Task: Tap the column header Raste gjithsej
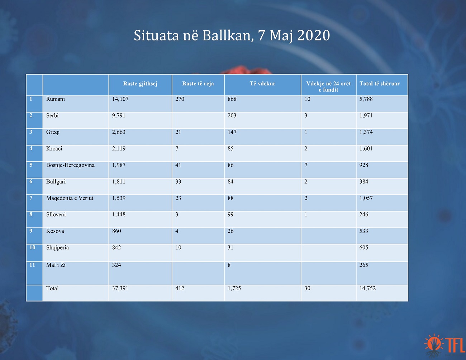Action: click(140, 84)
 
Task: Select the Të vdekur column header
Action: click(262, 84)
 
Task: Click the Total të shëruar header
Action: click(380, 84)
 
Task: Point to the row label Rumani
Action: click(55, 99)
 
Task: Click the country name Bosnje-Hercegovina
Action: click(70, 165)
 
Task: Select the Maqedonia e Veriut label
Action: click(70, 198)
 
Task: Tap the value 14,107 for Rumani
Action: click(120, 99)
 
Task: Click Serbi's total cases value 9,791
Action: click(119, 115)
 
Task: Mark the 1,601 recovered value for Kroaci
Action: click(366, 148)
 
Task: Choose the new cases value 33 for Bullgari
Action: click(178, 181)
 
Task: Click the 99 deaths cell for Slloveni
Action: click(230, 214)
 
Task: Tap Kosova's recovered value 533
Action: click(364, 231)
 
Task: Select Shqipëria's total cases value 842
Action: click(116, 247)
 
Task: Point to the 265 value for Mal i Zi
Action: click(364, 265)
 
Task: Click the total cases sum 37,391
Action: click(120, 288)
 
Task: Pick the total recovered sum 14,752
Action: click(367, 288)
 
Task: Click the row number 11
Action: click(32, 265)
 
